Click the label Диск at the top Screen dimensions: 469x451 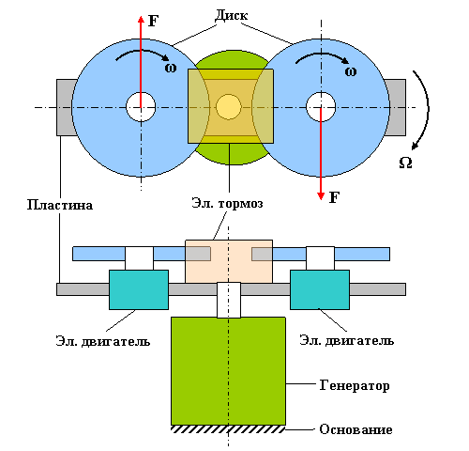pos(232,16)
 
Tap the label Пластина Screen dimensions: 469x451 pos(60,205)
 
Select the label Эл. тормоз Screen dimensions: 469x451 pos(227,203)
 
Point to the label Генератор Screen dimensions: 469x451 pos(355,385)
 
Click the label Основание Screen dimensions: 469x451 pos(356,429)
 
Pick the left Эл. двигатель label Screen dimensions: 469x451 pos(103,341)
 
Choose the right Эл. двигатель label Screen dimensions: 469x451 pos(346,340)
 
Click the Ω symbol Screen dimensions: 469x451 pos(405,163)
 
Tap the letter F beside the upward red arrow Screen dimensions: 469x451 pos(153,21)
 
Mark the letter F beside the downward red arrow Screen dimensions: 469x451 pos(334,197)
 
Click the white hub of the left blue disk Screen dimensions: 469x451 pos(141,107)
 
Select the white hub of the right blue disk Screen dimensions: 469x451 pos(321,107)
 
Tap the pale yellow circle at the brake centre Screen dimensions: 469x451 pos(229,106)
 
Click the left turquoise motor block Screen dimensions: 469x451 pos(139,289)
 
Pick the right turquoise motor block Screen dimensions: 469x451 pos(320,289)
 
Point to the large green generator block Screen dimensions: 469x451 pos(228,371)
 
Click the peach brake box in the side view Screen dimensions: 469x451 pos(229,261)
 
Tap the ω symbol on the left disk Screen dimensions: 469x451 pos(171,68)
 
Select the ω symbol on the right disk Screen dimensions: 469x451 pos(351,71)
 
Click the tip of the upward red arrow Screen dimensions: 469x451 pos(141,16)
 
